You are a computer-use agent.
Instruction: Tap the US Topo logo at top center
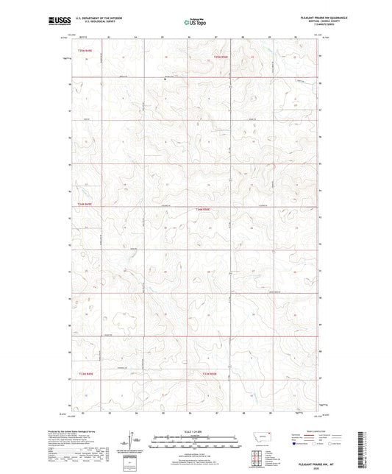[x=196, y=23]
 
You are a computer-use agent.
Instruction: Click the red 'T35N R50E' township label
[x=220, y=56]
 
